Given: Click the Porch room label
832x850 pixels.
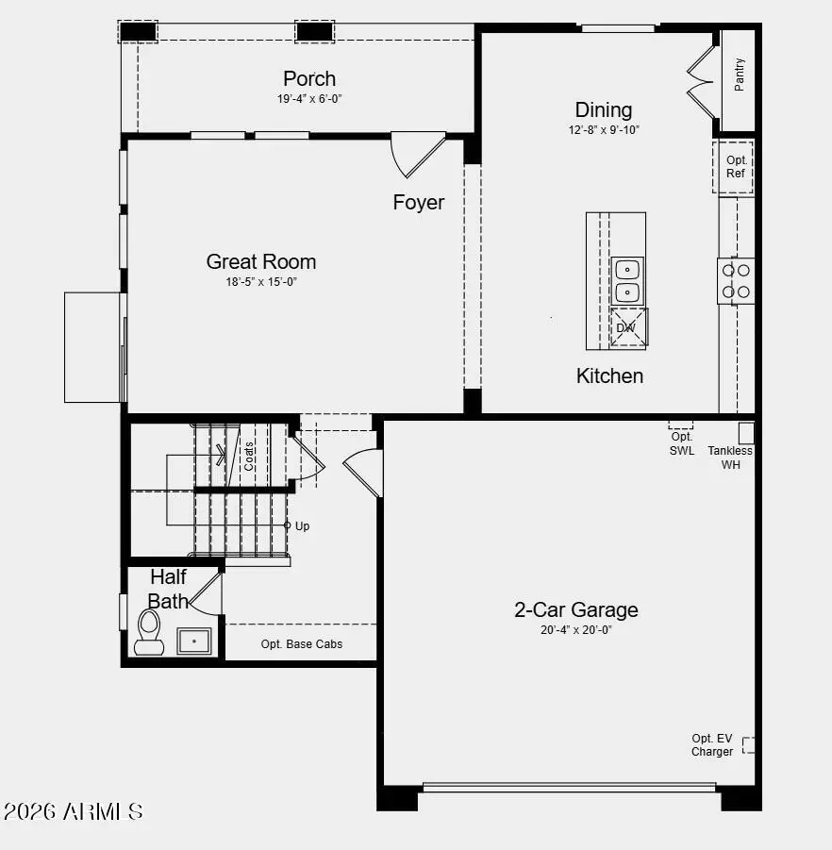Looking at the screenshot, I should [309, 78].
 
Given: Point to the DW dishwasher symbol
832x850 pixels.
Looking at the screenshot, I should [627, 328].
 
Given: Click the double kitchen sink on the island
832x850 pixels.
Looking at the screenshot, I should [627, 280].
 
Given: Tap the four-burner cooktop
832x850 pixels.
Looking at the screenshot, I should [736, 281].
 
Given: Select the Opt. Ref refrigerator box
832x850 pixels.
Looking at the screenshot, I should [736, 167].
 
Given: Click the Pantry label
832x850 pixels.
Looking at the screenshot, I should [740, 74].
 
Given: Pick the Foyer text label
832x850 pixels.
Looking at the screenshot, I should [418, 202].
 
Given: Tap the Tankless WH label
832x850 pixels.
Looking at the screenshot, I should [731, 458].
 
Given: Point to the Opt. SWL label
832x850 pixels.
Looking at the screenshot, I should [682, 443].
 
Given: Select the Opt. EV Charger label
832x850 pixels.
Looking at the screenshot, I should [712, 745].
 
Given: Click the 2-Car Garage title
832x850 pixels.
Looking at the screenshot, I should [575, 609].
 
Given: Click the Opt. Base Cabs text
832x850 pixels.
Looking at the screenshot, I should [302, 644].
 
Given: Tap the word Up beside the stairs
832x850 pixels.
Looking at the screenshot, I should [302, 526].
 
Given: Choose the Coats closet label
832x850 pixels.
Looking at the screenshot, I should [249, 457].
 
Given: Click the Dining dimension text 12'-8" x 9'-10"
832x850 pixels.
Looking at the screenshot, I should [604, 130].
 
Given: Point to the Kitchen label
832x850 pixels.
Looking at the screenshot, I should [609, 375].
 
